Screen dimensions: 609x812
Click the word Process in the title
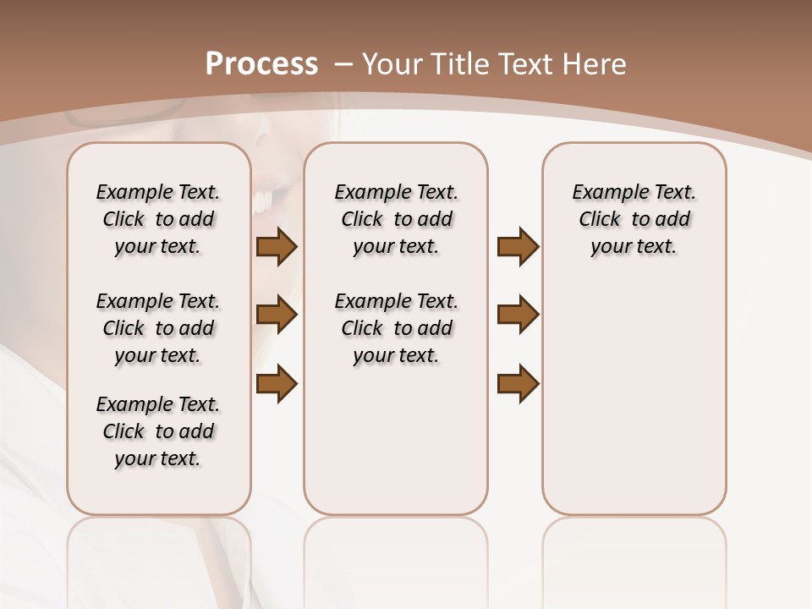tap(261, 64)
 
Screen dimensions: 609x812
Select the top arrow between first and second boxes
tap(277, 246)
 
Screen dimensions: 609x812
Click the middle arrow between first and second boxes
tap(277, 315)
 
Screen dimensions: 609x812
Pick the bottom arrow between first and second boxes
tap(277, 383)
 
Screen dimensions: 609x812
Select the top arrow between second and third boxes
tap(518, 246)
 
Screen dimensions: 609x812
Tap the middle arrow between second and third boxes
tap(518, 315)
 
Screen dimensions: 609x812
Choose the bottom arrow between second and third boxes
tap(518, 383)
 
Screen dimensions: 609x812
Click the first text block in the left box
tap(158, 219)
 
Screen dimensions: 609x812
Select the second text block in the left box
tap(158, 328)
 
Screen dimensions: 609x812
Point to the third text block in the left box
tap(158, 431)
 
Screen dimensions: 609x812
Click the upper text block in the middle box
tap(396, 219)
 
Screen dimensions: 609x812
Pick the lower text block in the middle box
tap(396, 328)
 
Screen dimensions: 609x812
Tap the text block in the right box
tap(634, 219)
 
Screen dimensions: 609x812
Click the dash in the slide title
tap(344, 64)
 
